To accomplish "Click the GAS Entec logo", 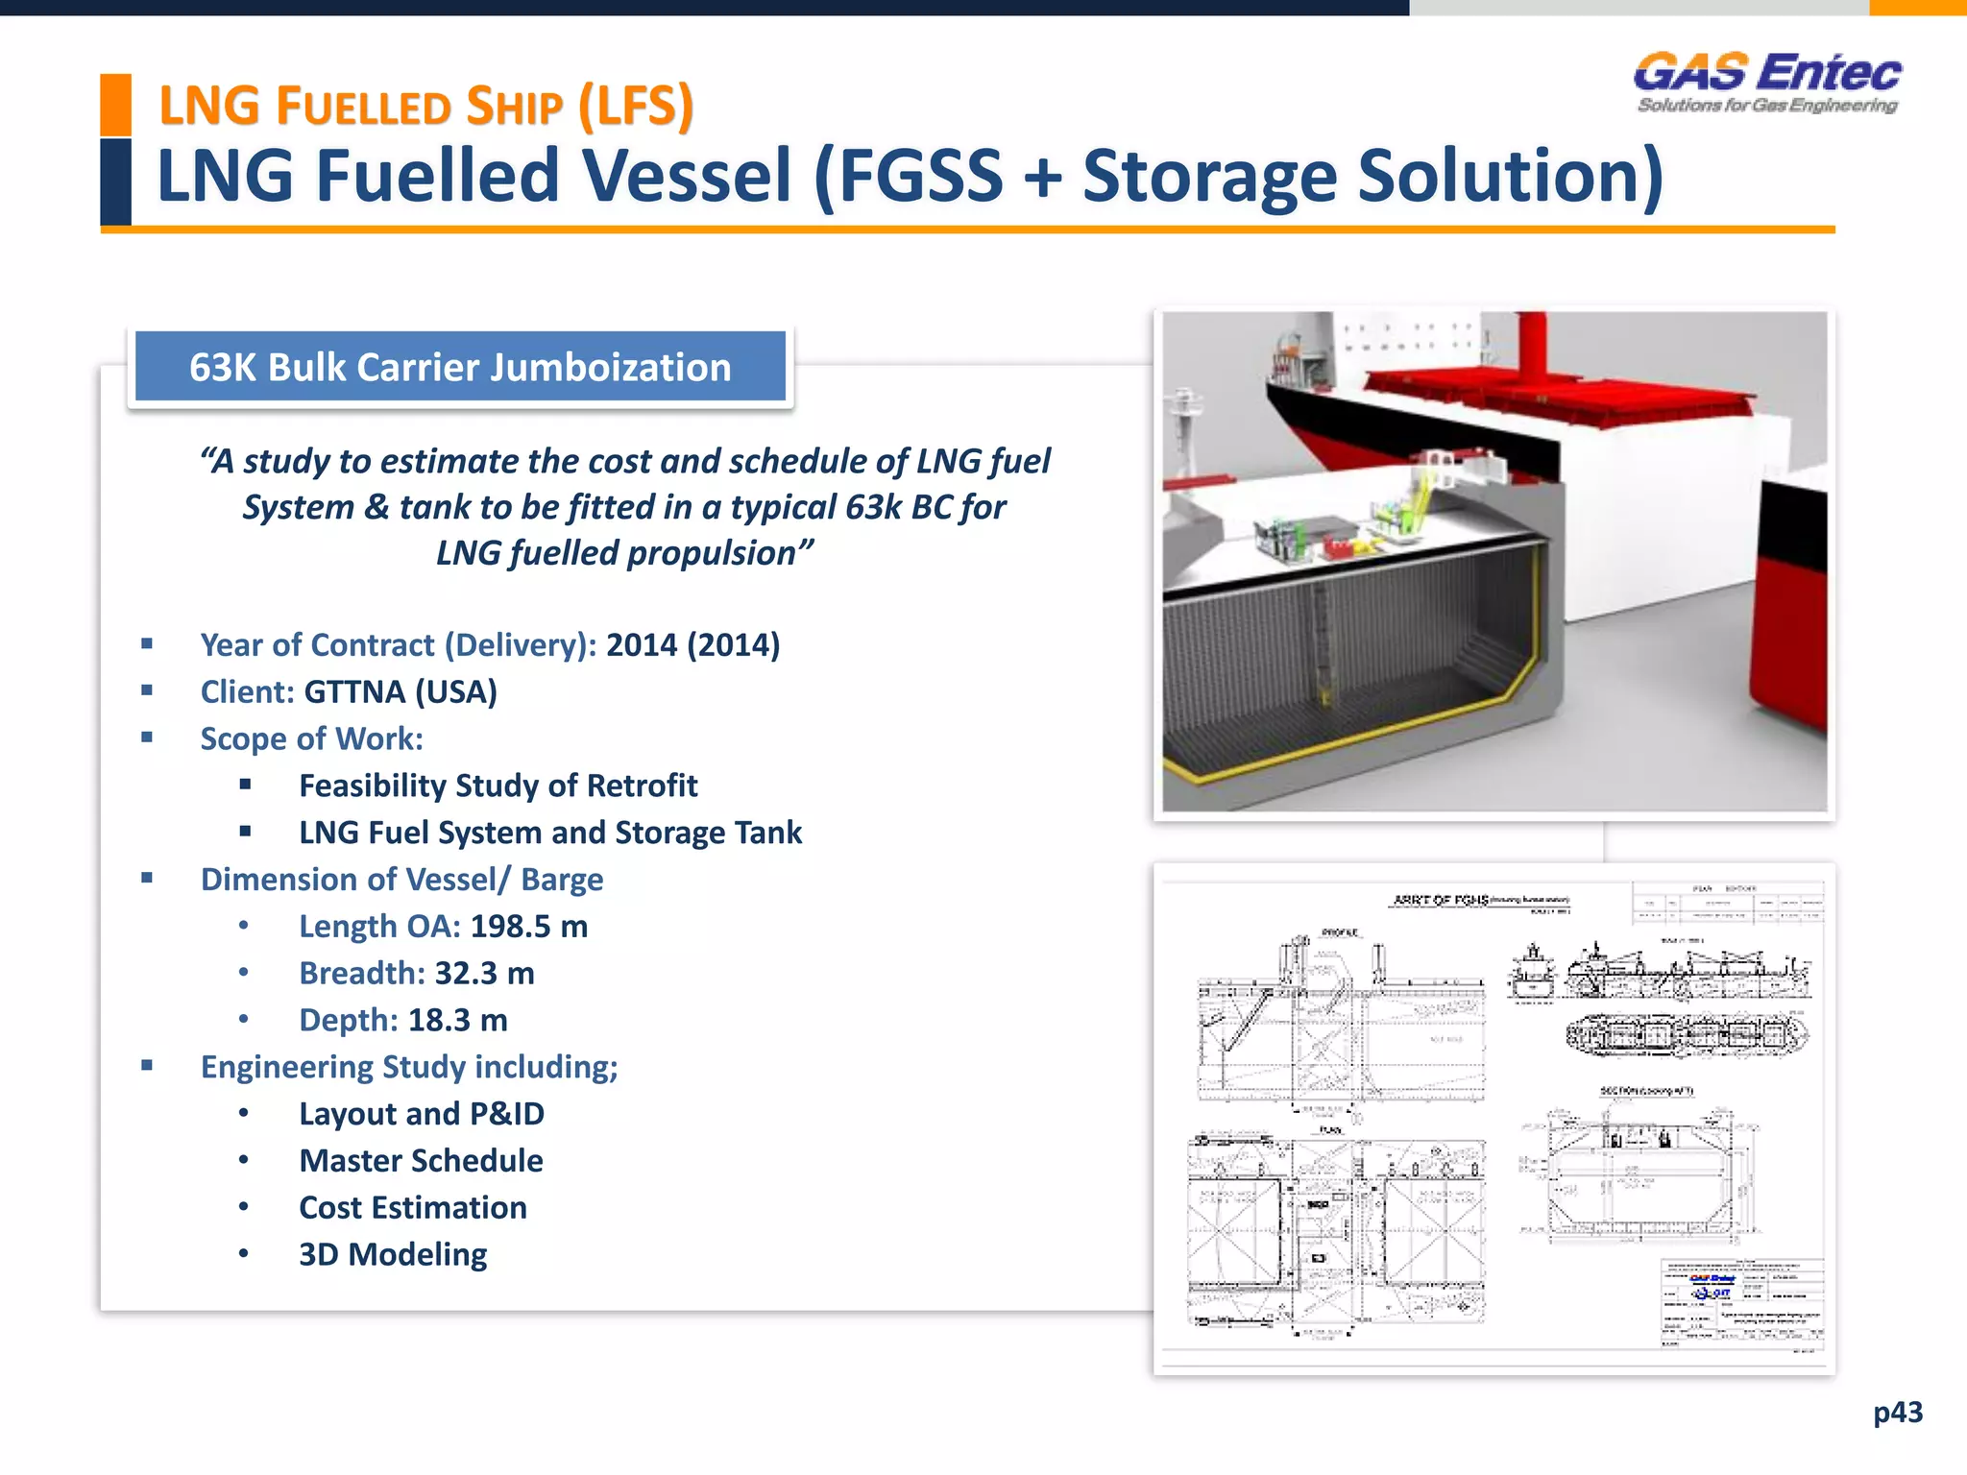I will tap(1767, 83).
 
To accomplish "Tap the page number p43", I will tap(1897, 1412).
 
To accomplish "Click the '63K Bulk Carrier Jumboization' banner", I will tap(460, 367).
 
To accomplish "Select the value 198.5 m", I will tap(528, 927).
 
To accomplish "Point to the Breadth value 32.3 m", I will tap(484, 974).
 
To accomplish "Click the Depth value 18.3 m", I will tap(457, 1020).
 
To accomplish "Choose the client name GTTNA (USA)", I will tap(401, 692).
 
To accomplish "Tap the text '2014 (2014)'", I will tap(692, 645).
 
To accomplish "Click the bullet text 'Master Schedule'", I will tap(421, 1161).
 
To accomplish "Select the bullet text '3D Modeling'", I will tap(393, 1255).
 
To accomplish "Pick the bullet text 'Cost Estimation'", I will tap(413, 1208).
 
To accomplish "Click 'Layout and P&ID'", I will tap(422, 1114).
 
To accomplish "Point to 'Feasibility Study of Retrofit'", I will tap(498, 786).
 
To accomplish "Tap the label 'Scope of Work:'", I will tap(311, 739).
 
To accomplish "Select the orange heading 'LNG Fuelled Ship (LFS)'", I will tap(425, 106).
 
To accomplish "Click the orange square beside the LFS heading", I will tap(115, 104).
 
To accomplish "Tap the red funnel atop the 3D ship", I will tap(1531, 346).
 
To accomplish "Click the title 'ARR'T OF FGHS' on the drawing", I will tap(1440, 900).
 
